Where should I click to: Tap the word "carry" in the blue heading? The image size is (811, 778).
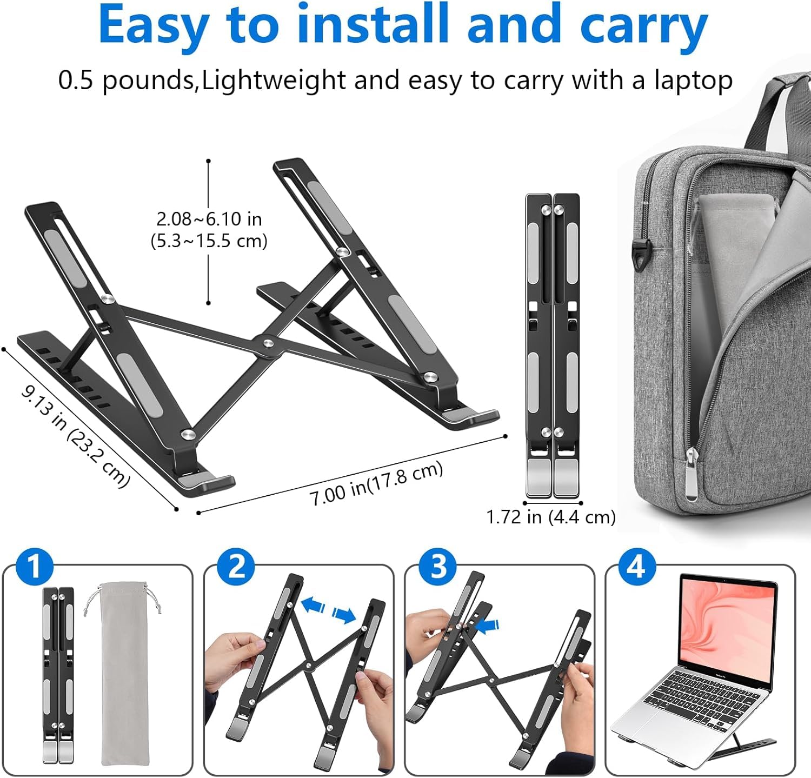644,30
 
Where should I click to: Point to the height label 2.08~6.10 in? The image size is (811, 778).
209,219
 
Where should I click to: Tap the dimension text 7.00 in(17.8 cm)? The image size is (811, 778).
376,483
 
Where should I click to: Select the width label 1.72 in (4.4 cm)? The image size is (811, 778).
551,517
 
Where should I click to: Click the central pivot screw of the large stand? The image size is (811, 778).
267,343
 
